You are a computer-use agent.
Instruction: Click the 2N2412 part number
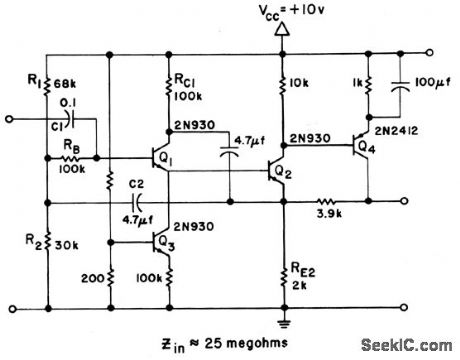[387, 131]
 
